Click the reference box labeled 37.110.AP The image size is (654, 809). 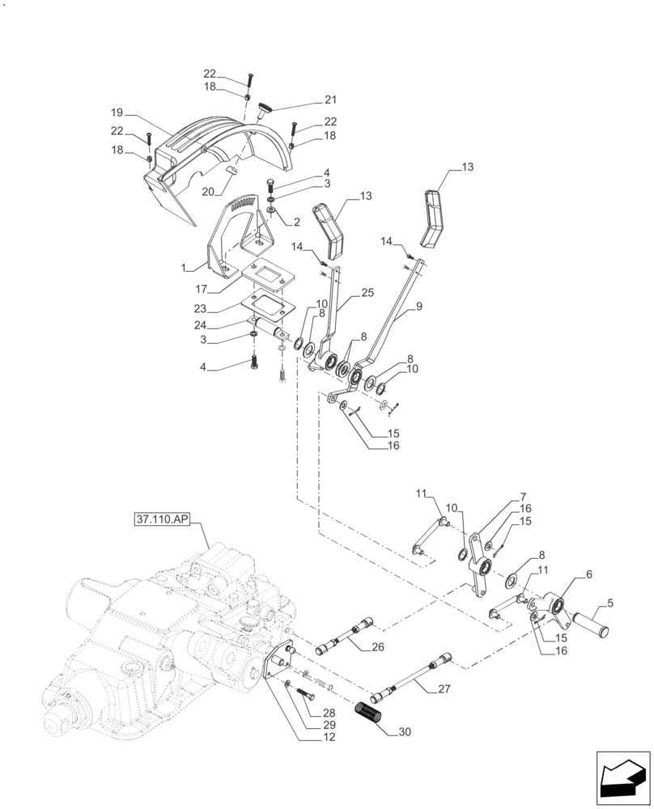[x=168, y=517]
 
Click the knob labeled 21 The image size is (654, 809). [x=265, y=110]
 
